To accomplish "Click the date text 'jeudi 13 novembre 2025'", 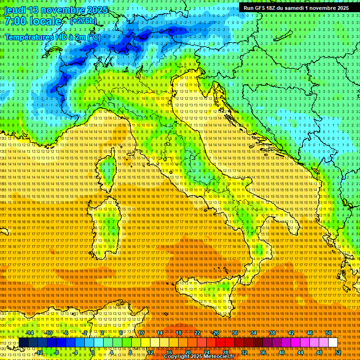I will [56, 10].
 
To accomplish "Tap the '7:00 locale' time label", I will [33, 21].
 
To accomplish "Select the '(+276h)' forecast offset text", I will [83, 21].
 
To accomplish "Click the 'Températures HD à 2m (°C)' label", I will [53, 37].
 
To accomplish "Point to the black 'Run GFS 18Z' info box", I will [296, 8].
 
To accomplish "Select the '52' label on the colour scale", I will [337, 352].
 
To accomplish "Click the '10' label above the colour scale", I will [141, 333].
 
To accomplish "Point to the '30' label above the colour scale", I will [234, 333].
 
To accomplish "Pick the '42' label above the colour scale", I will [291, 333].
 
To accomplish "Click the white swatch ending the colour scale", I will [333, 343].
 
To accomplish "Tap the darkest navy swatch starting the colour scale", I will [23, 343].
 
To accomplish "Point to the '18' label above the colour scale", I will [178, 333].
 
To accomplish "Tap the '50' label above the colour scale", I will [328, 333].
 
